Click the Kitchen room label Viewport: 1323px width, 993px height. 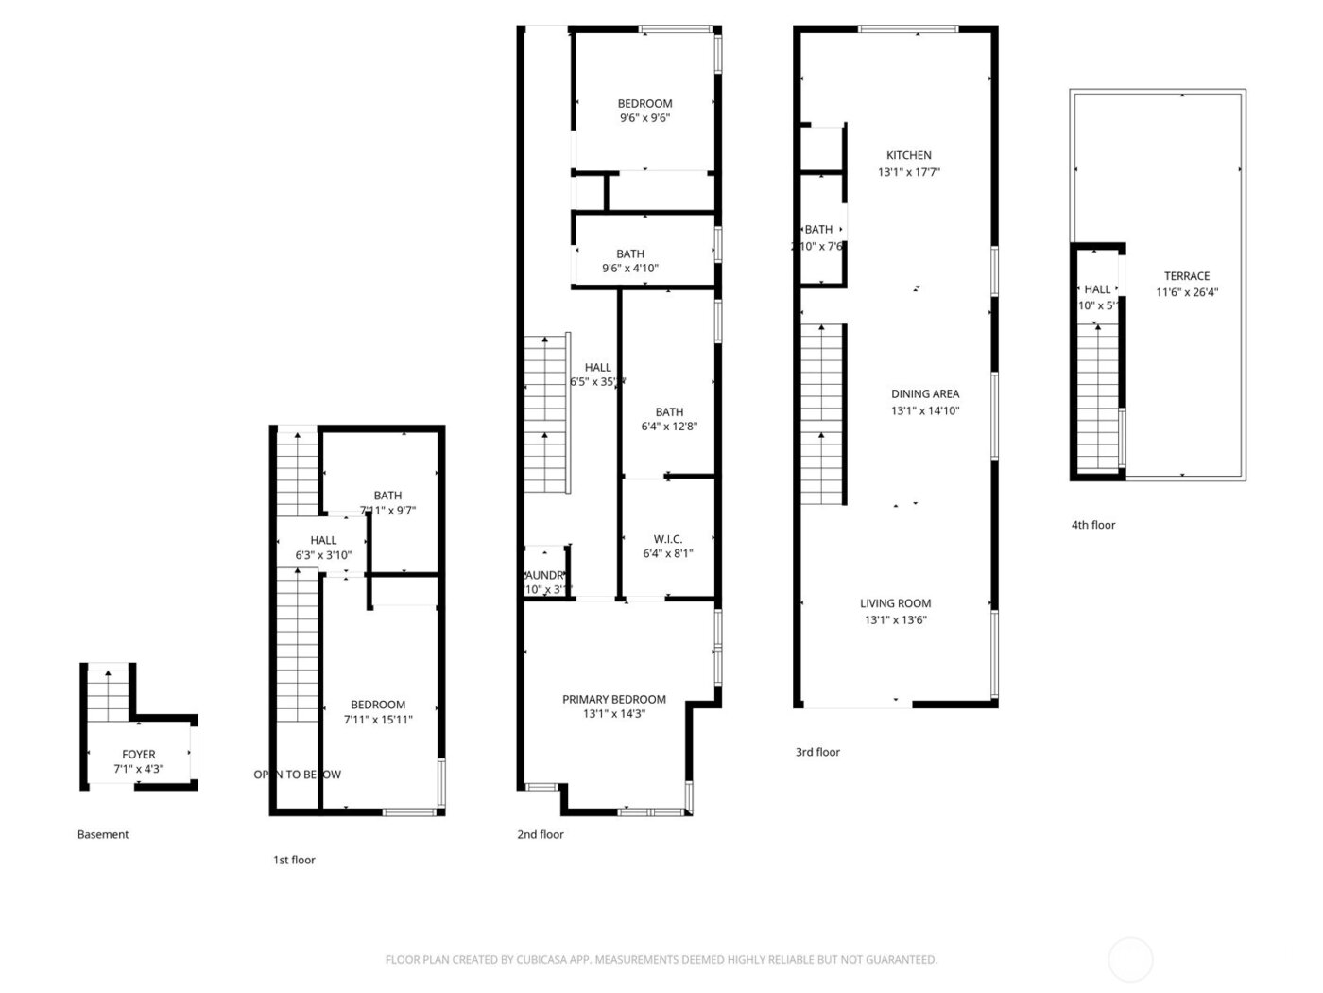tap(908, 155)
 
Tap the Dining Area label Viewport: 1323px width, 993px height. tap(924, 393)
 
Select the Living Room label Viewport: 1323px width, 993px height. tap(895, 603)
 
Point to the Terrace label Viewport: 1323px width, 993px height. tap(1186, 276)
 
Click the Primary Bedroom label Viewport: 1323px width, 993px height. tap(613, 699)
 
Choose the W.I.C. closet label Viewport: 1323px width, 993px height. tap(668, 539)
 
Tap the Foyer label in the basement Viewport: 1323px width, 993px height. tap(138, 755)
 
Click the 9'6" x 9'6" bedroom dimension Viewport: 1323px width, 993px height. tap(644, 118)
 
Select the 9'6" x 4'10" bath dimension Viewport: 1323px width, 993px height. tap(629, 268)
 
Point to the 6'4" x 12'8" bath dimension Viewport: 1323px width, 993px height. tap(668, 427)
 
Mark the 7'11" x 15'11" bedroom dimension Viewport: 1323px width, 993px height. tap(377, 720)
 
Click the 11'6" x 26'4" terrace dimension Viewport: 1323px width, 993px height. tap(1186, 292)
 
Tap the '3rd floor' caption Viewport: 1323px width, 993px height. tap(817, 752)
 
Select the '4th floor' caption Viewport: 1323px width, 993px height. tap(1092, 525)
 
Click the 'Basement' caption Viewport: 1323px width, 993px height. tap(103, 834)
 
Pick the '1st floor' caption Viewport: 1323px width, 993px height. tap(294, 860)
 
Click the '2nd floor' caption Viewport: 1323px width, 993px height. tap(540, 834)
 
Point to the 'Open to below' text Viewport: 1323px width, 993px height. tap(297, 775)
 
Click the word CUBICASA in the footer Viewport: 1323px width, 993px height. tap(541, 960)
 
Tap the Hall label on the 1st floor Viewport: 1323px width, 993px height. tap(323, 540)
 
